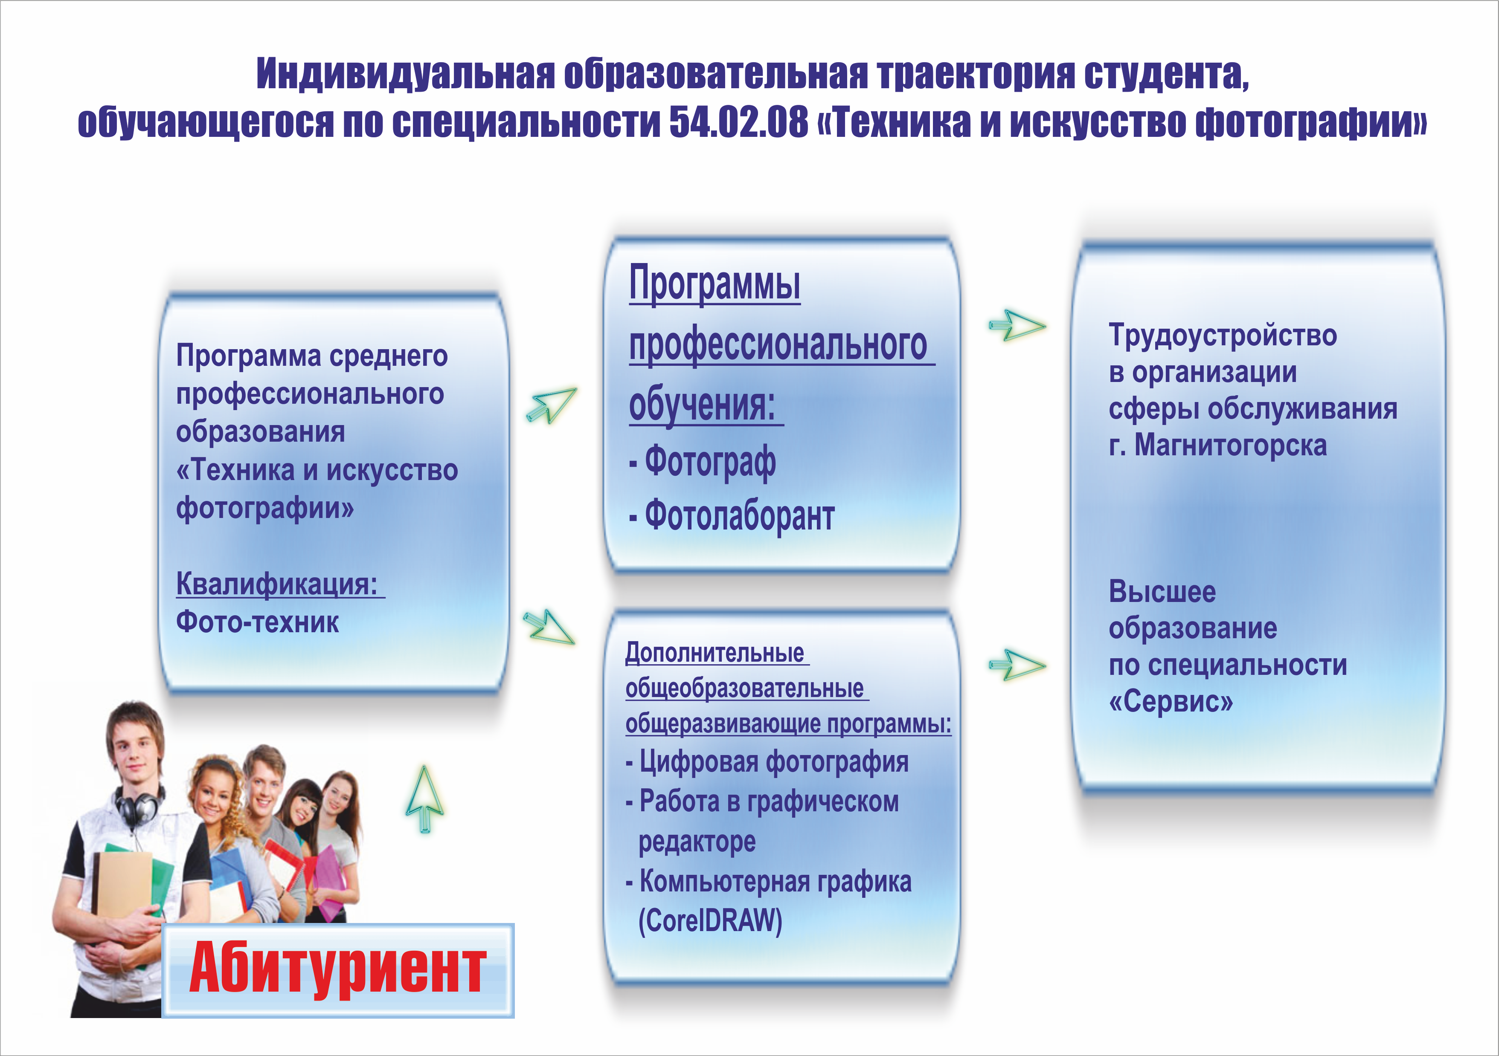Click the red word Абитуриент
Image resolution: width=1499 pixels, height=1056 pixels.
(x=337, y=969)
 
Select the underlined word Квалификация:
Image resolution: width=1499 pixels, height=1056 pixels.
(x=277, y=584)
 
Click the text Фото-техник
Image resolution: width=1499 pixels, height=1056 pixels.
(x=257, y=622)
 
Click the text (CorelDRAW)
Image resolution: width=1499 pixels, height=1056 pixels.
(x=710, y=921)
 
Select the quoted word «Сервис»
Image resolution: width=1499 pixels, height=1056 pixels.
(x=1171, y=702)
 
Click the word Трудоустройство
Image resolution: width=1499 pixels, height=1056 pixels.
(x=1223, y=336)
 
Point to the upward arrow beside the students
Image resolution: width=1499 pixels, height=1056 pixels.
(x=424, y=799)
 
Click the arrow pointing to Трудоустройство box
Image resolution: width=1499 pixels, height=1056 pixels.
(x=1017, y=325)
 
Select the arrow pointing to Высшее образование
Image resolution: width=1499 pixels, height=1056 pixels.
(x=1017, y=665)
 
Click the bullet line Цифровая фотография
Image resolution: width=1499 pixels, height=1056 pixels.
(x=767, y=762)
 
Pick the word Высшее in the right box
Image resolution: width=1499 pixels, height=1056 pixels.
(x=1162, y=592)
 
